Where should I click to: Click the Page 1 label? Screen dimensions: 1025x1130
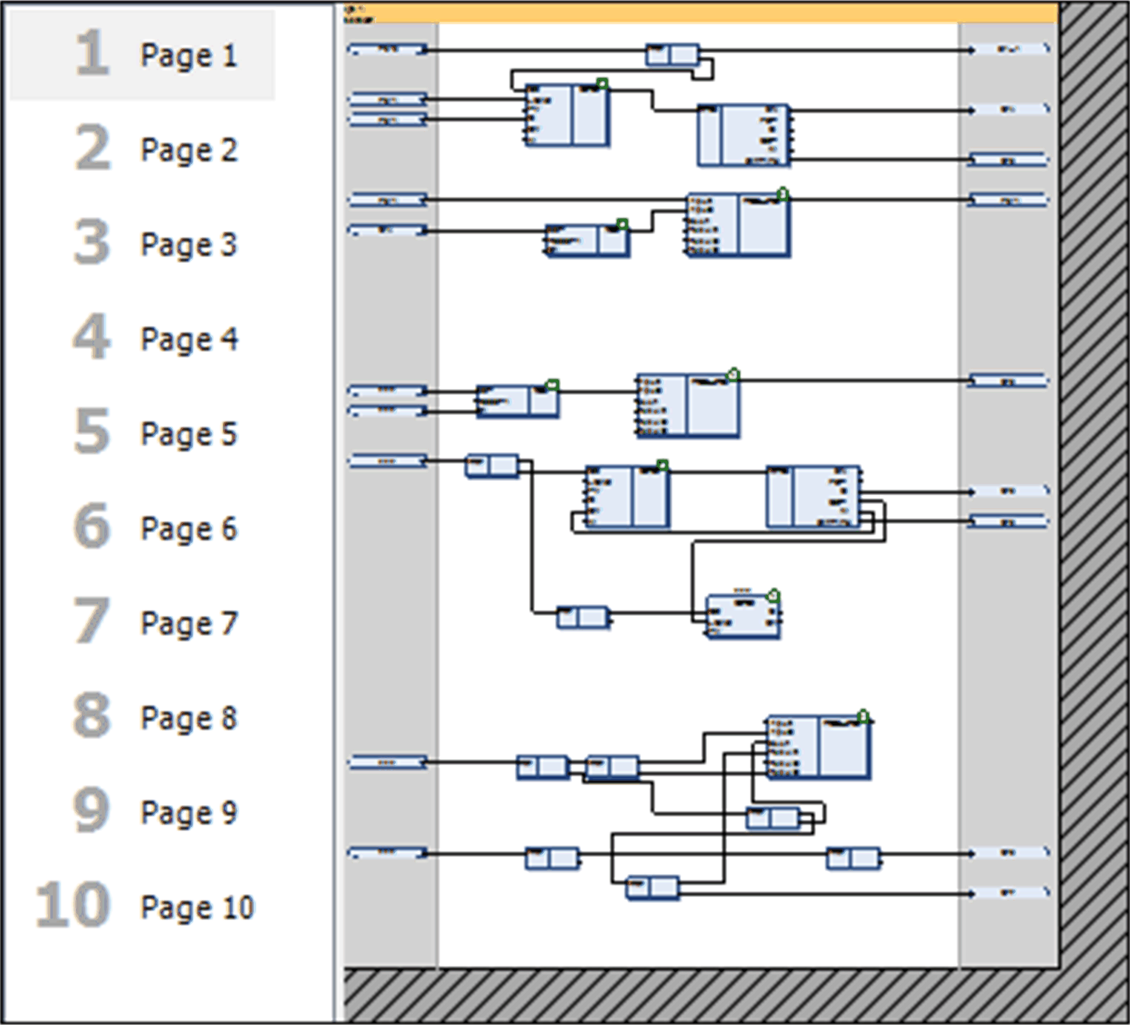(189, 56)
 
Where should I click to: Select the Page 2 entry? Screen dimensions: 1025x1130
(189, 150)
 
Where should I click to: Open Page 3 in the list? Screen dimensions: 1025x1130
(189, 245)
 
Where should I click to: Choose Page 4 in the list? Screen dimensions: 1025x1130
(189, 340)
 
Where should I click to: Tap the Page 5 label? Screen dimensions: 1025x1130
(189, 435)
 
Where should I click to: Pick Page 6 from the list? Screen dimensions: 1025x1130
(189, 529)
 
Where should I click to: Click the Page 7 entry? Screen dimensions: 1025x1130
(189, 624)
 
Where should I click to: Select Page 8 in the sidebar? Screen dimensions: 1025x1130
(189, 719)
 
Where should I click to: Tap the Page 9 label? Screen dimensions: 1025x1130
(189, 814)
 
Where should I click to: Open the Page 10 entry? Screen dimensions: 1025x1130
(197, 908)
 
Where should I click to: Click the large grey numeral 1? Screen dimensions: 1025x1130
(91, 53)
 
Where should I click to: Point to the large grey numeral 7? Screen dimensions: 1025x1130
(91, 621)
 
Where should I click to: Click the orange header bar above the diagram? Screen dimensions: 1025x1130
(701, 13)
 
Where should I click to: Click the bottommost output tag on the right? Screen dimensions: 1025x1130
(1008, 893)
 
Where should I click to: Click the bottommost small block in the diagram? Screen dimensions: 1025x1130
(652, 888)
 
